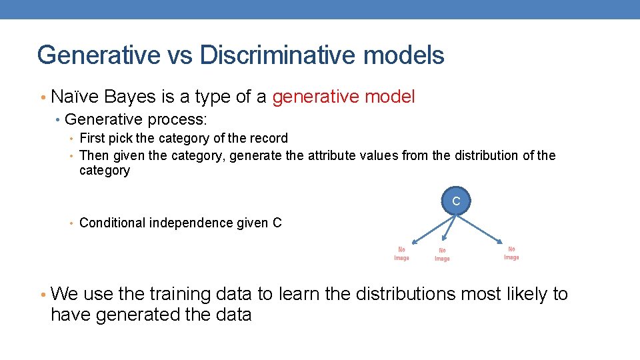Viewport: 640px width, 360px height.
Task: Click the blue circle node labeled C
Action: click(456, 201)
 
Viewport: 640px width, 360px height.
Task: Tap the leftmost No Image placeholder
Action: click(401, 254)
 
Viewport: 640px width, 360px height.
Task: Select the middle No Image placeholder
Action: click(442, 255)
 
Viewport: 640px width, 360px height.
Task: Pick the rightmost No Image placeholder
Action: click(511, 253)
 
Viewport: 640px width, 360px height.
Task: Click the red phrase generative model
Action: click(343, 97)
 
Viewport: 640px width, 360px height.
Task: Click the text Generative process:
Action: click(136, 119)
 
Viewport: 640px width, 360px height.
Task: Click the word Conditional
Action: click(112, 223)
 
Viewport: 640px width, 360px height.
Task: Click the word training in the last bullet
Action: click(179, 294)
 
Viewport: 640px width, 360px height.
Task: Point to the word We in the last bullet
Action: click(63, 294)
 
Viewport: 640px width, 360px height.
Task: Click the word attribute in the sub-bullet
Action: click(335, 155)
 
